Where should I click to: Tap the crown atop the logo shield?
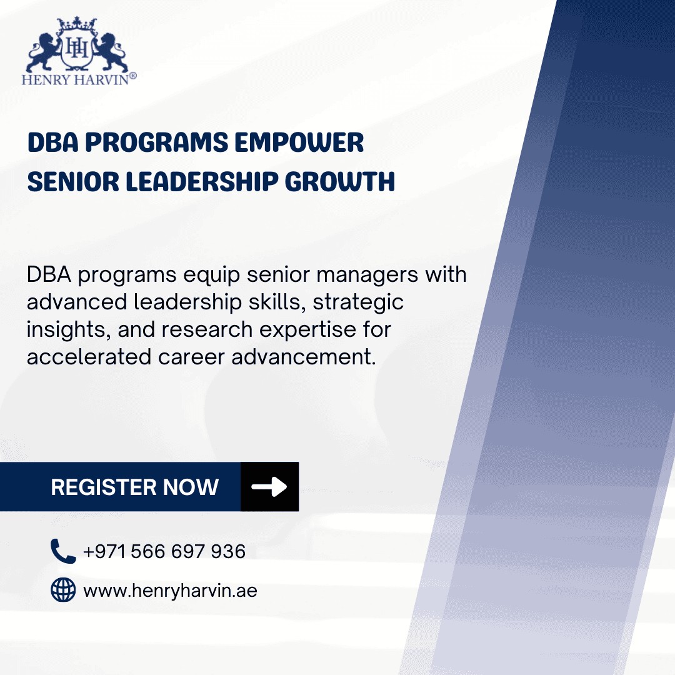point(77,24)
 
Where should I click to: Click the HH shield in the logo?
point(77,49)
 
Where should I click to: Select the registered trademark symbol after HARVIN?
point(133,76)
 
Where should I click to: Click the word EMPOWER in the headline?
point(299,142)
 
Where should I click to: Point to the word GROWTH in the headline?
point(339,181)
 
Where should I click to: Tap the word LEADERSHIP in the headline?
point(202,181)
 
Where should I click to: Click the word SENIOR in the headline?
point(72,181)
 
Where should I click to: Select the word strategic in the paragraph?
point(358,302)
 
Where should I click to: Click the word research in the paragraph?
point(207,330)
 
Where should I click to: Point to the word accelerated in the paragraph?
point(89,357)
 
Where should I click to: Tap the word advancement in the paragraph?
point(304,357)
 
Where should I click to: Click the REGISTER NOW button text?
point(135,487)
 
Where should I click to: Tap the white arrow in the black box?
point(269,487)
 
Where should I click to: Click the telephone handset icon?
point(63,551)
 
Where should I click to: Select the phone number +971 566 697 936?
point(164,551)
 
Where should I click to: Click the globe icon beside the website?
point(63,589)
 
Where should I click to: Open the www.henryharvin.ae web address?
point(170,591)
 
